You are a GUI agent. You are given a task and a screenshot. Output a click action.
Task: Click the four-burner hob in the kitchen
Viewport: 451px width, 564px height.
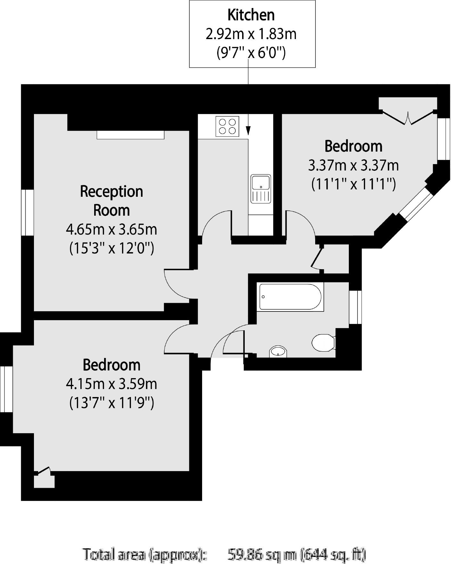click(227, 126)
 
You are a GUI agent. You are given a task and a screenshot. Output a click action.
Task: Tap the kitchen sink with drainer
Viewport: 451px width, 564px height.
click(260, 189)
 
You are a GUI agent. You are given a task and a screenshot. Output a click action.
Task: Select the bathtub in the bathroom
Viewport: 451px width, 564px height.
click(290, 297)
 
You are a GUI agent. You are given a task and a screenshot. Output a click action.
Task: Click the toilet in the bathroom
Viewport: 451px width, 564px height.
click(323, 342)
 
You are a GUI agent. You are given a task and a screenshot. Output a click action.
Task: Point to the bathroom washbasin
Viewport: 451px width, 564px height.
click(278, 351)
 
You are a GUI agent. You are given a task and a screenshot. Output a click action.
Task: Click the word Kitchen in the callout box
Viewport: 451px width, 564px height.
click(251, 15)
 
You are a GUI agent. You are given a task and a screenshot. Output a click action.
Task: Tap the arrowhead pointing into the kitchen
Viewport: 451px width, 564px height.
click(248, 130)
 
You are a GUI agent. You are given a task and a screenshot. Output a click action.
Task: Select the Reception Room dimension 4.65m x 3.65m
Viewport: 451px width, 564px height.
click(111, 229)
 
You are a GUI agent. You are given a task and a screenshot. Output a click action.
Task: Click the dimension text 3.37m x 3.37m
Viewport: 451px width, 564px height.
click(353, 165)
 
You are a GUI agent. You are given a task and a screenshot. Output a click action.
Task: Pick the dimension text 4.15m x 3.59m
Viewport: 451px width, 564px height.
click(111, 384)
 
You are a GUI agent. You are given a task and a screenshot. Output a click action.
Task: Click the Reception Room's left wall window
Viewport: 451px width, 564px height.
click(28, 212)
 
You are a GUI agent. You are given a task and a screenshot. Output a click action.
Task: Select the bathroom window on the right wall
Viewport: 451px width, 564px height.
click(355, 307)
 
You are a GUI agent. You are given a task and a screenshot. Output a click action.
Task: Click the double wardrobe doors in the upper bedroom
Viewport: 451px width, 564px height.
click(408, 117)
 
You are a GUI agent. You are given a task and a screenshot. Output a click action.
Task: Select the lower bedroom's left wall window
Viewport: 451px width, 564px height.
click(6, 389)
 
